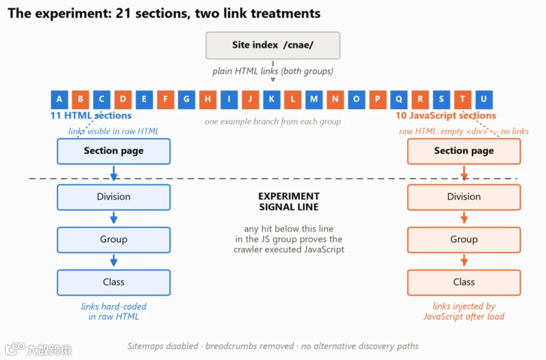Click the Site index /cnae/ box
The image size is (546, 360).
pos(272,46)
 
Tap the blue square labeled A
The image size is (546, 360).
pos(59,100)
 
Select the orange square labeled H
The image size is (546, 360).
pos(208,100)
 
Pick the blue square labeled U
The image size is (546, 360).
pos(484,100)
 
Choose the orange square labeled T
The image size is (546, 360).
pos(462,100)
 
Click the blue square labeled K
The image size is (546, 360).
pos(272,100)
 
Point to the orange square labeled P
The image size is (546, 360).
pos(377,100)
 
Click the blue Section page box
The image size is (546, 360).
pos(113,151)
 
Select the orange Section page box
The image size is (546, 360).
pos(464,151)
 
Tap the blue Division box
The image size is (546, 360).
pos(113,197)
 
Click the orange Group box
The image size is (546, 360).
pos(464,240)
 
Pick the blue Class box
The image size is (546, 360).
pos(113,282)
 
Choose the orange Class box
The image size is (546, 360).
pos(464,282)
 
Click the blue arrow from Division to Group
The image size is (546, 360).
pos(113,218)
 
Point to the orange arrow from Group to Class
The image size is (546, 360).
pos(464,260)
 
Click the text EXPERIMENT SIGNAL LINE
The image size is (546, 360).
pos(289,202)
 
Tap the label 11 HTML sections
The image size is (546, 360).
pos(91,115)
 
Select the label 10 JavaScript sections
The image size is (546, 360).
pos(445,115)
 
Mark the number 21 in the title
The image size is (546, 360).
pos(123,13)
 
